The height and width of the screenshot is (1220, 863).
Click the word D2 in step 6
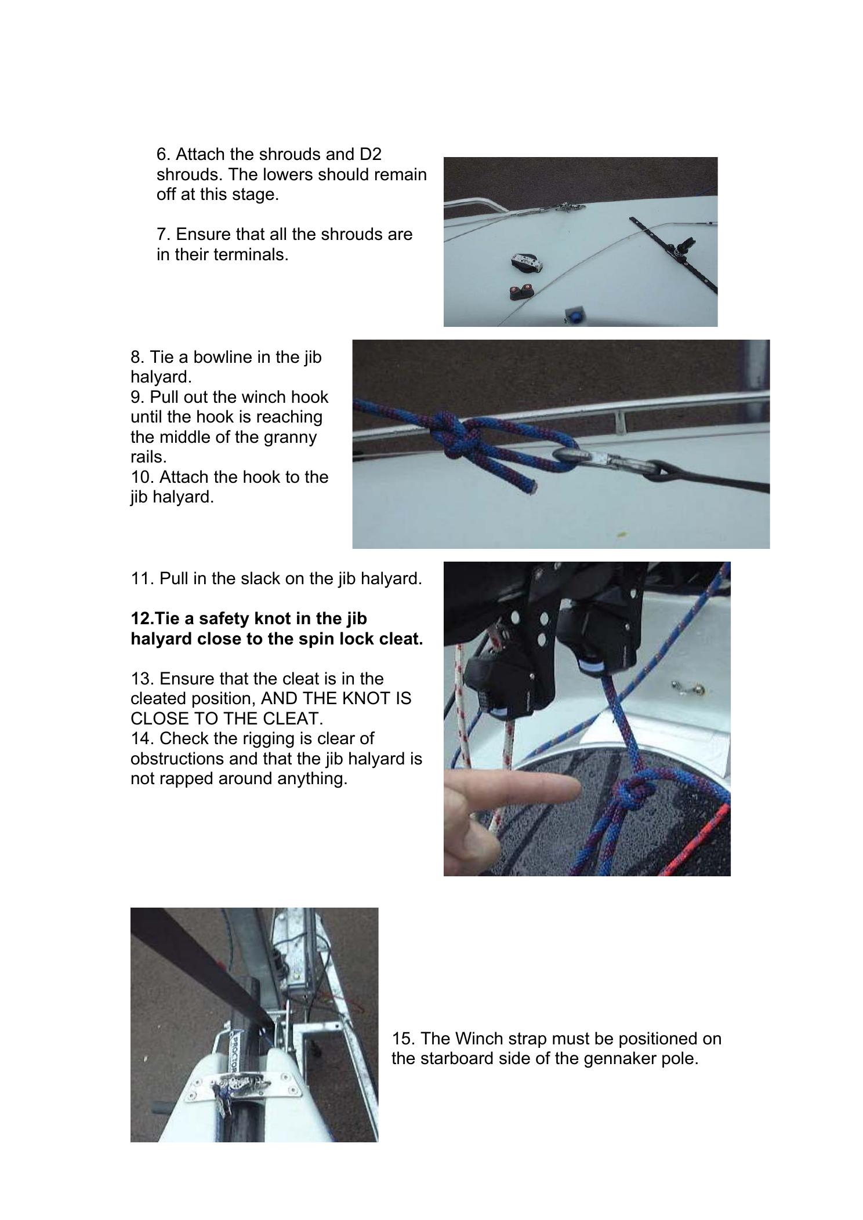pyautogui.click(x=369, y=155)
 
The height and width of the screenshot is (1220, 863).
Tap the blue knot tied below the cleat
pyautogui.click(x=637, y=791)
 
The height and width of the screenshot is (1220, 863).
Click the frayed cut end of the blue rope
pyautogui.click(x=528, y=490)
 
